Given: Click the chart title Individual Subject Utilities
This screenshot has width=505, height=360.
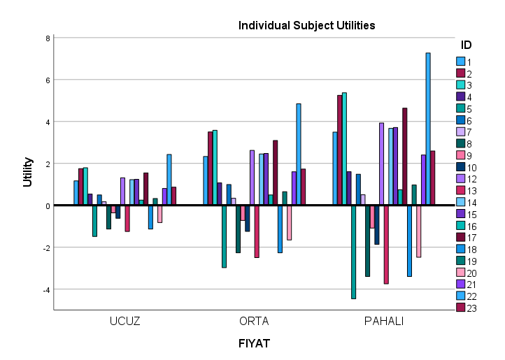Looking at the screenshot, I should tap(307, 26).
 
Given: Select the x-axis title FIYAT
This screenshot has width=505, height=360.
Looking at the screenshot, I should tap(254, 344).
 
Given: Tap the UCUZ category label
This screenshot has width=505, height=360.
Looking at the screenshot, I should tap(125, 322).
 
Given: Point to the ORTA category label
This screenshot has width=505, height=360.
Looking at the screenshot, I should tap(254, 322).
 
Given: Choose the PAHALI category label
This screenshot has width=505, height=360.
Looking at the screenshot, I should tap(383, 322).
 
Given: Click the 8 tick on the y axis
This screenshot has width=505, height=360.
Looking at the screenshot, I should tap(47, 38).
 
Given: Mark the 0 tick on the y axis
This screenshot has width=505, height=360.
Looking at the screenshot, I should tap(47, 206).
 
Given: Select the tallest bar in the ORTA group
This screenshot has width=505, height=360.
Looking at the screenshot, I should tap(299, 154).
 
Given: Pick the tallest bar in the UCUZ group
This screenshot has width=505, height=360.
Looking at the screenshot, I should tap(169, 180).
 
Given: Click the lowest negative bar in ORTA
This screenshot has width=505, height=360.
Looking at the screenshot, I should tap(225, 236).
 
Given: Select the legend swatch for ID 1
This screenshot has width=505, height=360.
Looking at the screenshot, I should tap(460, 62).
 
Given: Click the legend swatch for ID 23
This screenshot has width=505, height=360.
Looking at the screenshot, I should tap(460, 308).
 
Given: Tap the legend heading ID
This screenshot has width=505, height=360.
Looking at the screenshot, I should tap(467, 45).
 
